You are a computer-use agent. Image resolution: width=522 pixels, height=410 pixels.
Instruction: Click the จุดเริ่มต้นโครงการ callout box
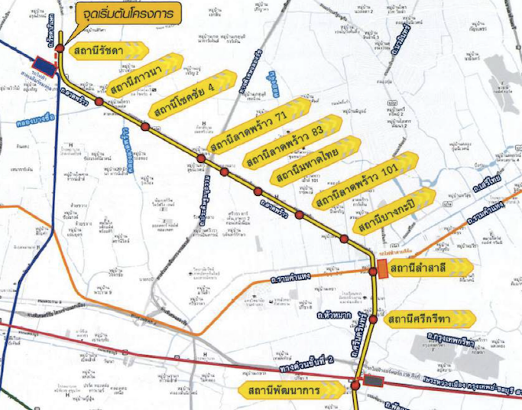coord(127,13)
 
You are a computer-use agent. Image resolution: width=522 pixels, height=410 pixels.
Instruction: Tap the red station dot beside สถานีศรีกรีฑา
coord(373,320)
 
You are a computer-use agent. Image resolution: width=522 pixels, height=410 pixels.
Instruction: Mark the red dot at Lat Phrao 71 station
coord(201,158)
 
